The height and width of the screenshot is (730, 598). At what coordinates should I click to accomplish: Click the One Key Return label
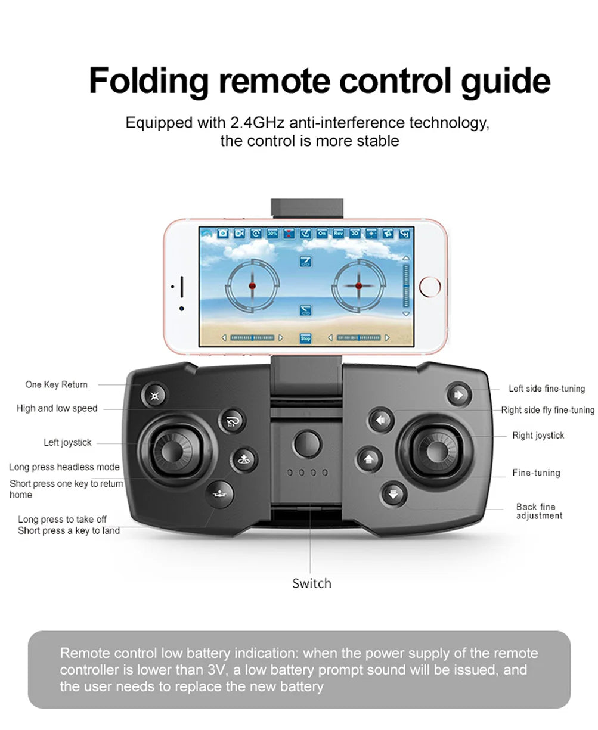pos(56,385)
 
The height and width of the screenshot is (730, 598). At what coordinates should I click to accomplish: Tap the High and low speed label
pos(57,408)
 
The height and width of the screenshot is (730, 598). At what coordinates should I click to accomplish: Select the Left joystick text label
pos(67,442)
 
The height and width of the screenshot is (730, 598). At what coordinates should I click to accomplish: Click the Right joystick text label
pos(538,436)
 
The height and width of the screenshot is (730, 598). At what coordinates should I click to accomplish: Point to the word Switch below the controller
pos(311,583)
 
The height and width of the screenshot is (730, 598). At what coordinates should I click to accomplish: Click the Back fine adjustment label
pos(538,511)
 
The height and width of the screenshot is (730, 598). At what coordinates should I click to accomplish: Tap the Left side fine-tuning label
pos(546,389)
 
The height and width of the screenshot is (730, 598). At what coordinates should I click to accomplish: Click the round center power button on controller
pos(307,443)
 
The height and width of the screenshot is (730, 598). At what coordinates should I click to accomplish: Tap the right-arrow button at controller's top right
pos(458,394)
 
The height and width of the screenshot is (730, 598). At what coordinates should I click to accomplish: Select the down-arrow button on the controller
pos(393,493)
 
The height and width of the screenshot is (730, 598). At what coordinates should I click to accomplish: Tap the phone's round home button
pos(430,286)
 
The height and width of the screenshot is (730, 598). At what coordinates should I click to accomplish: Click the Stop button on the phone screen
pos(305,338)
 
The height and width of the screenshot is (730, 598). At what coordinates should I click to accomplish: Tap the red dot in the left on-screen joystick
pos(252,287)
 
